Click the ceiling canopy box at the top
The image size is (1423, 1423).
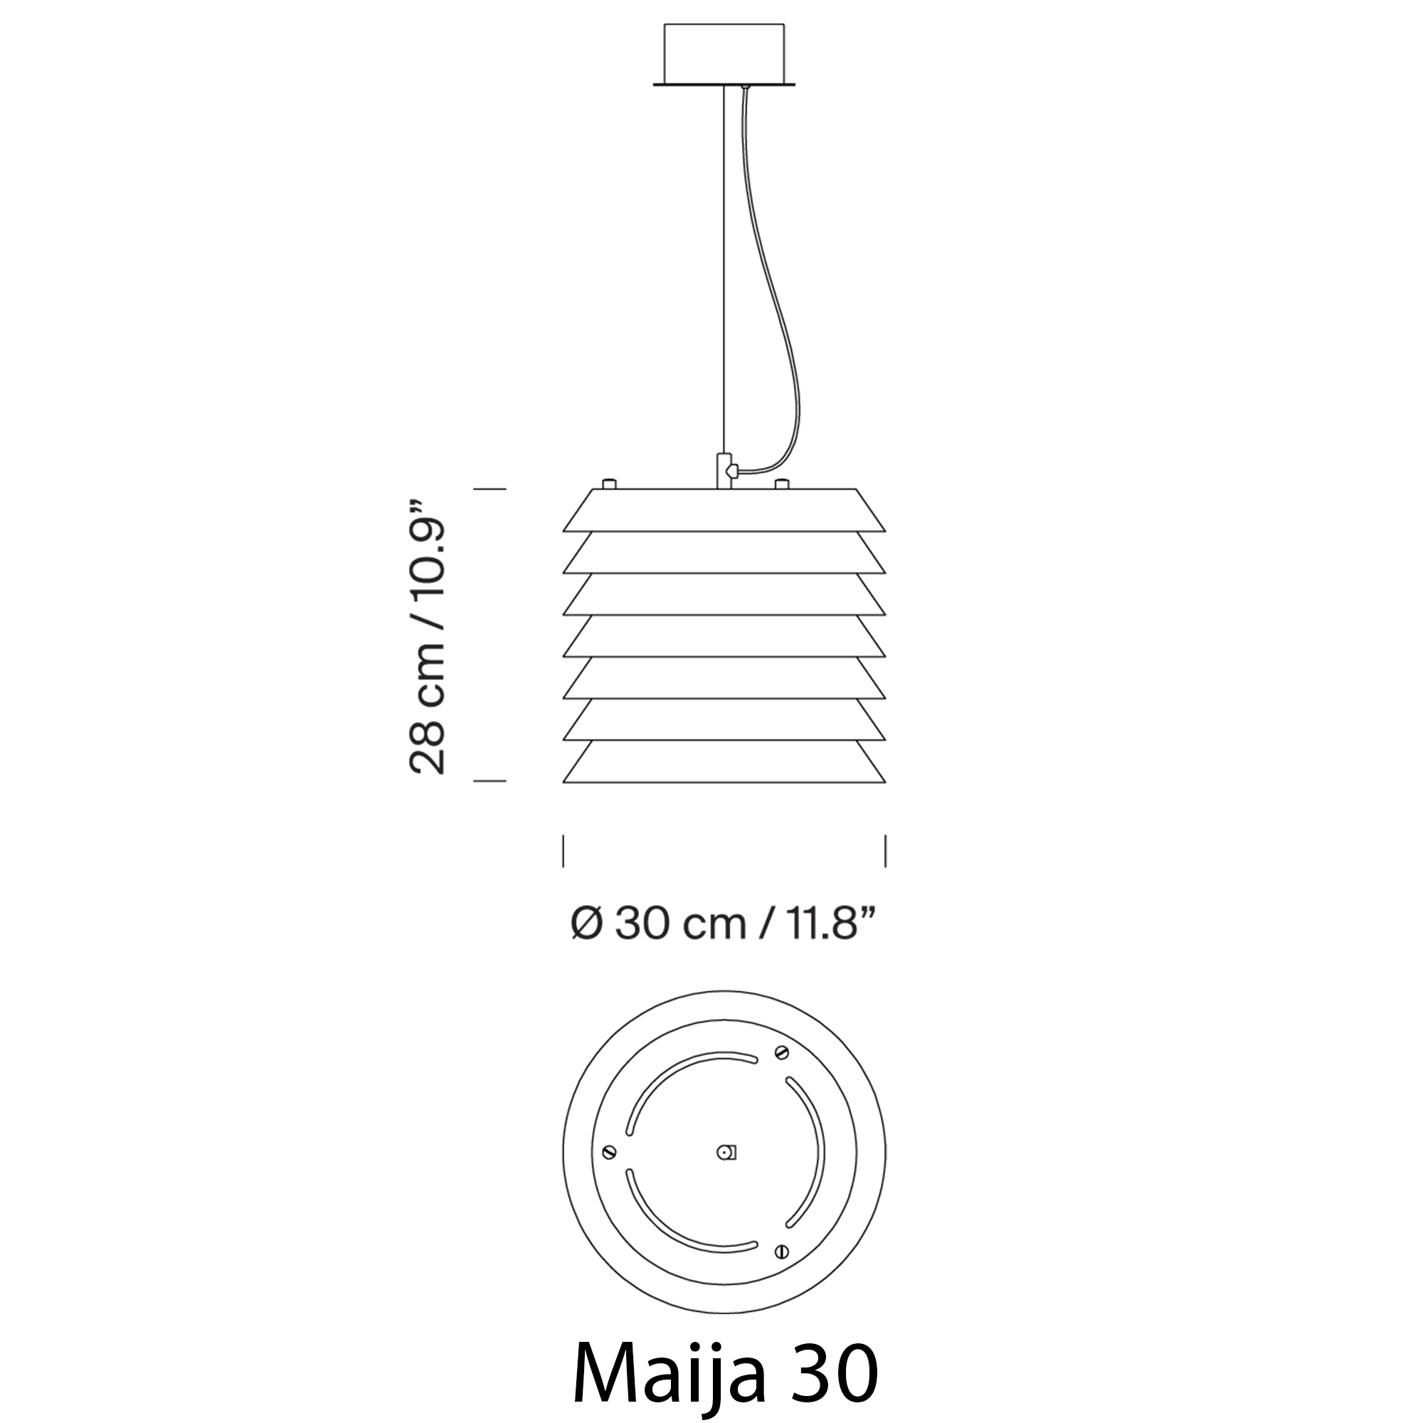click(724, 55)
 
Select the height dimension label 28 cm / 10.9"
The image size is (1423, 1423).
click(427, 634)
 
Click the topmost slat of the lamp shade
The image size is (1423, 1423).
click(724, 509)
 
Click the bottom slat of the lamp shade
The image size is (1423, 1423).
click(724, 761)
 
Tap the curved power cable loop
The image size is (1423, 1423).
click(773, 295)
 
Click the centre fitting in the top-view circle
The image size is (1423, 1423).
click(727, 1153)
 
